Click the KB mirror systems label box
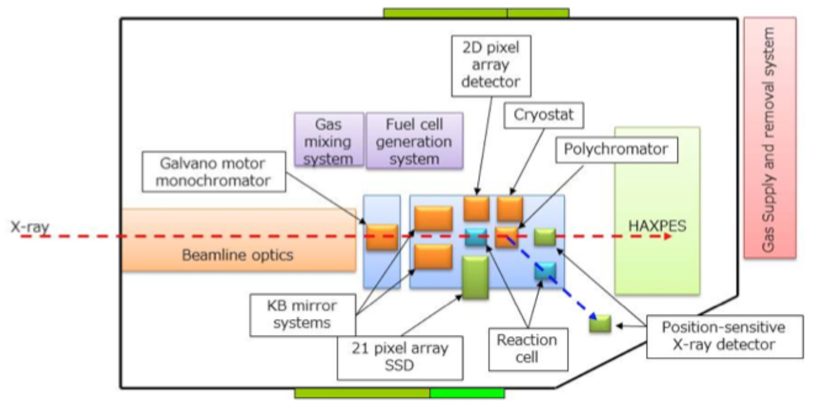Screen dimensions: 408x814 [303, 313]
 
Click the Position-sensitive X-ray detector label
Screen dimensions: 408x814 [723, 336]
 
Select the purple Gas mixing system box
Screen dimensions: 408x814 [329, 140]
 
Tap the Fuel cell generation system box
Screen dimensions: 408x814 [414, 140]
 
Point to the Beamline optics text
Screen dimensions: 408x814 [237, 255]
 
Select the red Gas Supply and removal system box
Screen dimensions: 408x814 [769, 137]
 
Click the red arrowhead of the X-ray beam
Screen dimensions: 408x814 [667, 236]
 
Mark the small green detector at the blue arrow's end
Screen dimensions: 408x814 [600, 323]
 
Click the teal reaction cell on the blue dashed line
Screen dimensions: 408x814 [545, 271]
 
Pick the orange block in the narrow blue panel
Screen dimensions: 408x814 [382, 236]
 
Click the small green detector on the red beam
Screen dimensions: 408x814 [545, 236]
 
